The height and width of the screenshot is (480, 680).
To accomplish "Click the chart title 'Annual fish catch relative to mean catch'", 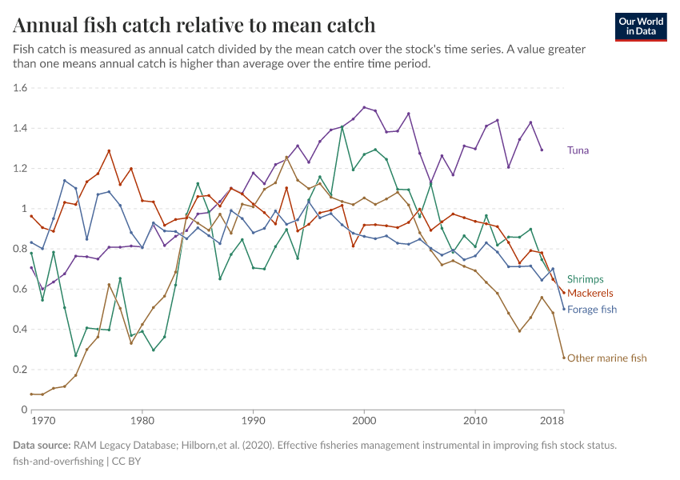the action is (x=194, y=25).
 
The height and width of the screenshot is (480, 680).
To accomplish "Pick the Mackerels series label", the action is (x=590, y=294).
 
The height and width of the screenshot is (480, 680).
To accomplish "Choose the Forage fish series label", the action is (x=592, y=309).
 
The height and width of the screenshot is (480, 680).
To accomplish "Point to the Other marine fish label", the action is (x=606, y=358).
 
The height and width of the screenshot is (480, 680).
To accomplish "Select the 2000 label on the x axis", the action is (x=365, y=420).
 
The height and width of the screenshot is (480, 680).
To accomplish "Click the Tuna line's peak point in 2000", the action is (x=364, y=107).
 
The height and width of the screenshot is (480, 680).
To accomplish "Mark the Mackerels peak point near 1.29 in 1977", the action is (x=109, y=150).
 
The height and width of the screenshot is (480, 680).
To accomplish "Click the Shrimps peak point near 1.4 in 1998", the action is (x=342, y=126).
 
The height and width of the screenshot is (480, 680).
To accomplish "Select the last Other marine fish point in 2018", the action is (x=564, y=358).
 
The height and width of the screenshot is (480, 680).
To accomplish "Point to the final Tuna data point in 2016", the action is (x=542, y=150).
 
